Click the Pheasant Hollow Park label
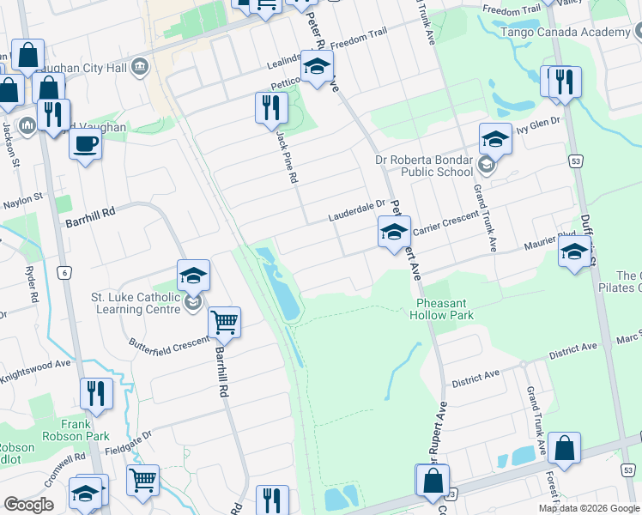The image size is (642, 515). click(445, 309)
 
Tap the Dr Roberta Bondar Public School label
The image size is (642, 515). click(424, 166)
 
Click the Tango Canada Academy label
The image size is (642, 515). click(577, 32)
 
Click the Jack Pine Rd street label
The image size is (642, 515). click(287, 156)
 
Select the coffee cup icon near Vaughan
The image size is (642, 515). click(85, 144)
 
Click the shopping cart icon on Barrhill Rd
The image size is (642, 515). click(224, 323)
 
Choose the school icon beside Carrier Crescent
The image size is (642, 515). click(394, 232)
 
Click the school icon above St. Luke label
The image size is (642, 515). click(194, 276)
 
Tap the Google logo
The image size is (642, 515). click(28, 505)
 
